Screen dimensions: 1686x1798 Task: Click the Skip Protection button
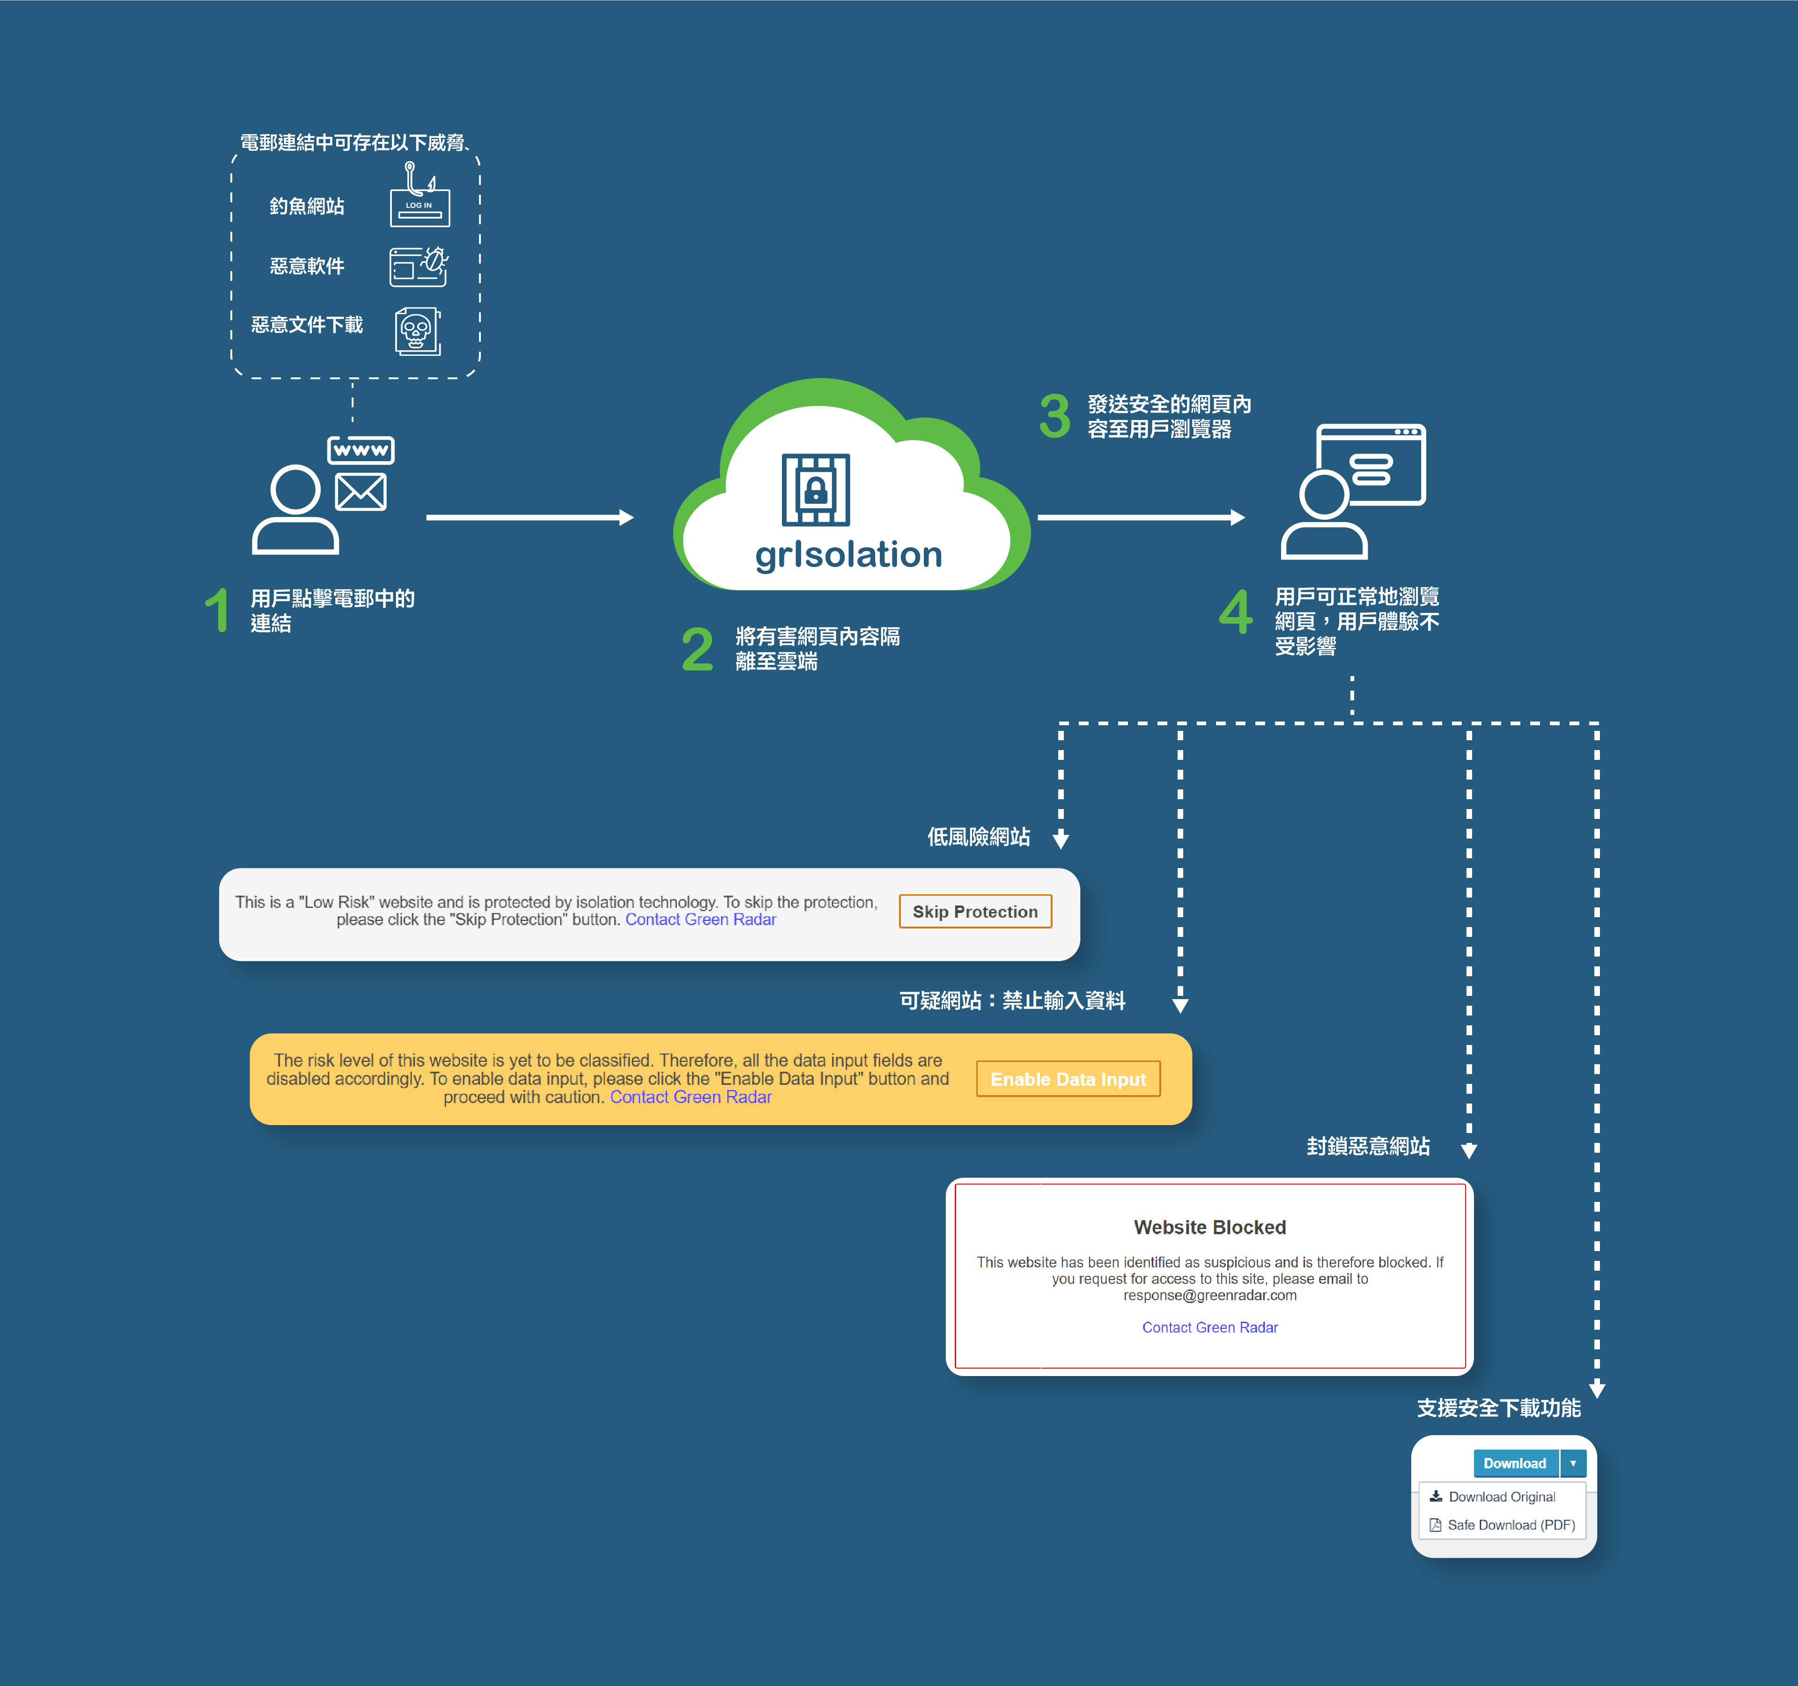(x=975, y=912)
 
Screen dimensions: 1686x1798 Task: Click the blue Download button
(x=1515, y=1464)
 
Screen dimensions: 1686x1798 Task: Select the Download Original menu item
(x=1501, y=1497)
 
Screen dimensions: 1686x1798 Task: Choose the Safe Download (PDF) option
(x=1511, y=1525)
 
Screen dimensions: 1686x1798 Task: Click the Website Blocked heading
(x=1209, y=1228)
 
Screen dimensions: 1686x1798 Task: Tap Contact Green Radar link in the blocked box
(x=1209, y=1328)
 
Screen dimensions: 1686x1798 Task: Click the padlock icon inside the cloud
(x=816, y=490)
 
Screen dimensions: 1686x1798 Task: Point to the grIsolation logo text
(x=848, y=554)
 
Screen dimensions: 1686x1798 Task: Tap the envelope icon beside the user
(x=361, y=492)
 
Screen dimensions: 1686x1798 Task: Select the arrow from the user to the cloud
(x=529, y=517)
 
